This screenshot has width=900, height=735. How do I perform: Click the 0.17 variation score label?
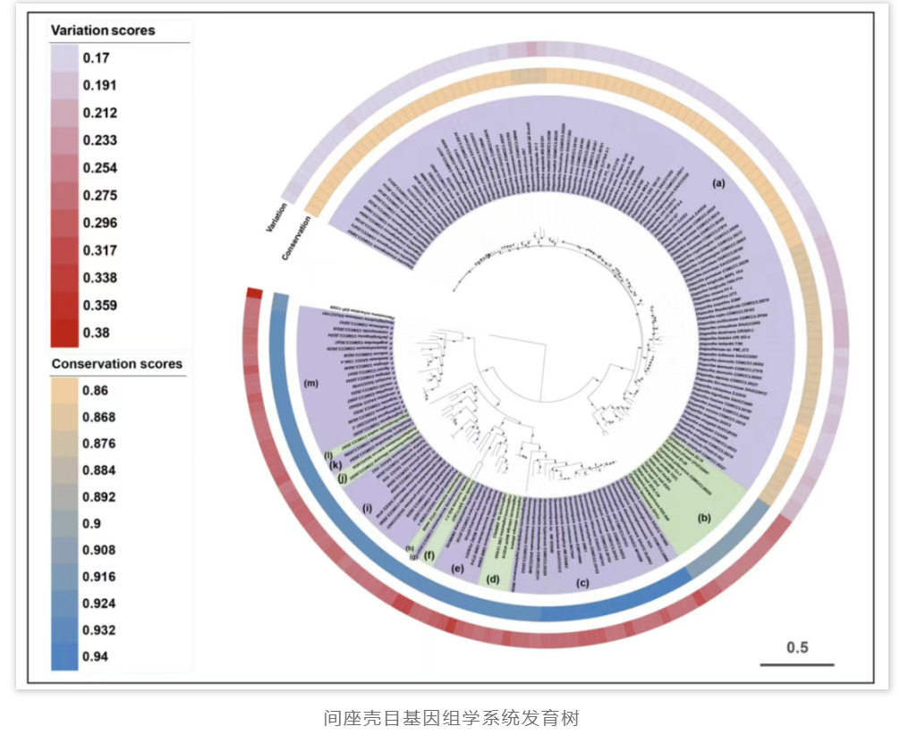tap(96, 58)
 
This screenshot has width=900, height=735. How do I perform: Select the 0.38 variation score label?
tap(96, 333)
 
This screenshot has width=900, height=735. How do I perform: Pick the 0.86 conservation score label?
tap(96, 390)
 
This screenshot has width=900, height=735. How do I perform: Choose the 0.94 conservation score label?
tap(96, 657)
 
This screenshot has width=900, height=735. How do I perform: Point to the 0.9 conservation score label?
tap(92, 523)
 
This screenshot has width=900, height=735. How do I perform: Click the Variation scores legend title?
tap(103, 30)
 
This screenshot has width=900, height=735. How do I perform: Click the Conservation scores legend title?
tap(116, 364)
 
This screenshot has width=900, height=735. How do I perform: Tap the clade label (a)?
tap(717, 182)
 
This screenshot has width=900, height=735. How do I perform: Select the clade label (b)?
tap(704, 517)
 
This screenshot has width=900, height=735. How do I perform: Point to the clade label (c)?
tap(582, 584)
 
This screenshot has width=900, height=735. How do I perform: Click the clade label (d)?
tap(492, 579)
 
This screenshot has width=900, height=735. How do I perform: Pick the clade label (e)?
tap(457, 568)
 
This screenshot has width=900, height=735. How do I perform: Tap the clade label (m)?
tap(311, 384)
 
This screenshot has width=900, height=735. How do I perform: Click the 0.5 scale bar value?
tap(797, 647)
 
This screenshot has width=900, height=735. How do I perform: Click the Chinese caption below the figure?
tap(451, 717)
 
